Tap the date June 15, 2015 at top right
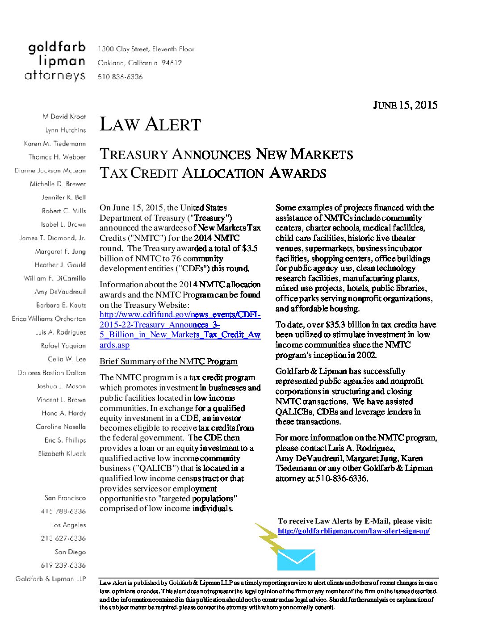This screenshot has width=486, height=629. click(x=405, y=105)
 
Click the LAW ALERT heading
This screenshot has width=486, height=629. click(x=150, y=125)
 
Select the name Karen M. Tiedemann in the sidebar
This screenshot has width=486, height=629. click(x=54, y=144)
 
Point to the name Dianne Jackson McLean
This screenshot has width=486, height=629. click(x=50, y=171)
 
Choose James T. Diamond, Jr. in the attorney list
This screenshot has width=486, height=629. click(x=52, y=238)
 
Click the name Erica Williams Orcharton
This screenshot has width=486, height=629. click(x=49, y=319)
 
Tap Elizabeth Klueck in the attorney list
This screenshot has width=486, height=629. click(x=62, y=453)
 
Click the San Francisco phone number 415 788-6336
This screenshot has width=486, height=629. click(x=63, y=512)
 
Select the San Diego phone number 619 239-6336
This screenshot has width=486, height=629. click(x=63, y=566)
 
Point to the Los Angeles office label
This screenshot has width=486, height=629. click(x=68, y=525)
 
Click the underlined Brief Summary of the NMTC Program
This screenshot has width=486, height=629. click(x=168, y=361)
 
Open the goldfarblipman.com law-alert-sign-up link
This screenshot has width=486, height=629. click(x=353, y=531)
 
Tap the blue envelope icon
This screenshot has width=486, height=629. click(x=296, y=560)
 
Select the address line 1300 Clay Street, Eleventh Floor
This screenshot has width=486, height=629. click(x=146, y=49)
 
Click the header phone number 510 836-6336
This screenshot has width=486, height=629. click(x=120, y=77)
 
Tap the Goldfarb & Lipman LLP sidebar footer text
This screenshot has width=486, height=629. click(x=50, y=579)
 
